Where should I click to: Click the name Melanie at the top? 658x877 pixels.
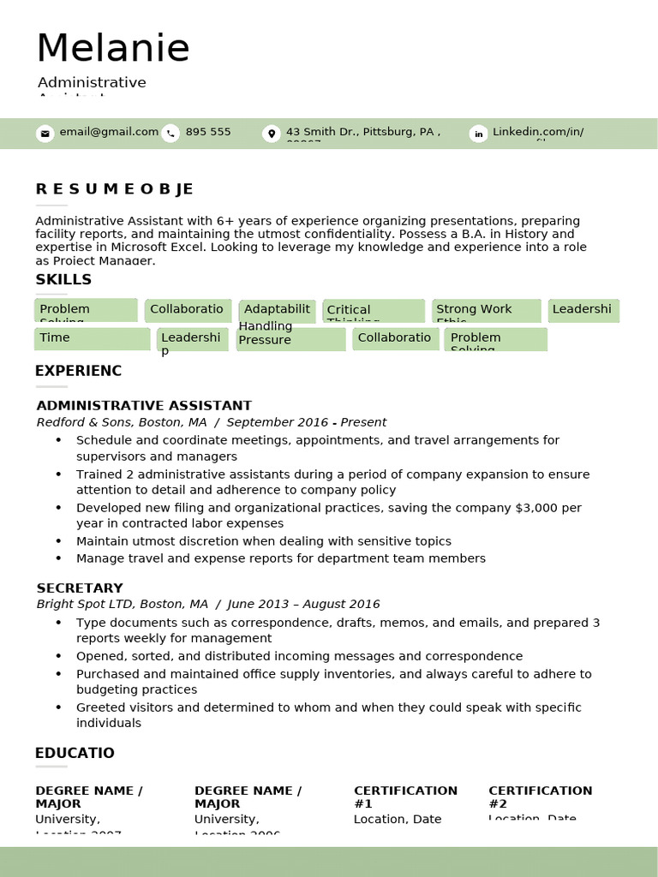click(x=112, y=48)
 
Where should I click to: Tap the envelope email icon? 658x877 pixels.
click(x=45, y=133)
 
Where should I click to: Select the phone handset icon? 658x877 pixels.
click(x=170, y=133)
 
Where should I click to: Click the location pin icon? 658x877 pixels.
click(x=272, y=133)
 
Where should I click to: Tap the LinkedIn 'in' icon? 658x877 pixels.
click(x=478, y=133)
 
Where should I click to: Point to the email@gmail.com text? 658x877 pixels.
click(x=109, y=132)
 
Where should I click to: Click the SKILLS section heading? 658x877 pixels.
click(x=63, y=280)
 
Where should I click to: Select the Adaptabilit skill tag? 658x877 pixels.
click(x=277, y=309)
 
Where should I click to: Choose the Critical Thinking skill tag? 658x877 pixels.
click(x=373, y=311)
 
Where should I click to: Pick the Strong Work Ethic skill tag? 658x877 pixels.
click(x=486, y=310)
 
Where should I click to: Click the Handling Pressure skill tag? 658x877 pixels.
click(x=290, y=337)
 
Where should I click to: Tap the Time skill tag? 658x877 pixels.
click(x=92, y=338)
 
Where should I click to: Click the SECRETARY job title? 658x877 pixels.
click(x=80, y=588)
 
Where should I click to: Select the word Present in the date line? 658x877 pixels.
click(x=363, y=422)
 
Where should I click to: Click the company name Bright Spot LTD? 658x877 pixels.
click(x=86, y=604)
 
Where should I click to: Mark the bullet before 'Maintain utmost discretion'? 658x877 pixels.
click(x=58, y=541)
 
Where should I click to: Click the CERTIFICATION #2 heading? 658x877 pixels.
click(x=540, y=796)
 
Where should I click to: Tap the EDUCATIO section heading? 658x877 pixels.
click(x=75, y=754)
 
